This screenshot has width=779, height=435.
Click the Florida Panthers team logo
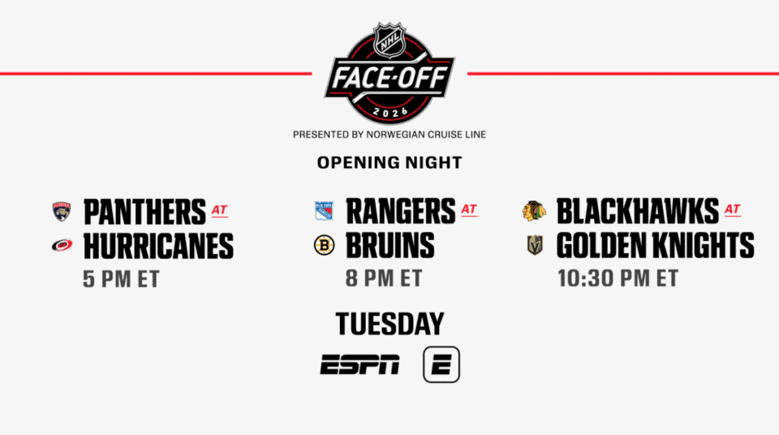coord(62,211)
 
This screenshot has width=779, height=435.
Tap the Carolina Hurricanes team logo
coord(62,245)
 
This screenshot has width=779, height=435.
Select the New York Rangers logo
coord(324,211)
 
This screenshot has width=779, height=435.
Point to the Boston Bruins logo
coord(324,245)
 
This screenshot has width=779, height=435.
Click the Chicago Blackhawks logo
coord(534,211)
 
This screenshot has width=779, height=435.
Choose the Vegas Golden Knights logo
coord(535,245)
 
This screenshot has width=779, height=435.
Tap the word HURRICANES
coord(158,246)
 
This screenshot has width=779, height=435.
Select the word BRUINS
coord(390,246)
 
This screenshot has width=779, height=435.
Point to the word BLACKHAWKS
coord(638,211)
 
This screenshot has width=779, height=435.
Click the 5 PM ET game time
coord(121,279)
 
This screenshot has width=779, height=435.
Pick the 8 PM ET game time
coord(384,278)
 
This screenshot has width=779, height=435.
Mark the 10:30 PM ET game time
coord(618,278)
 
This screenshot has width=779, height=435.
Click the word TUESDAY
coord(390,324)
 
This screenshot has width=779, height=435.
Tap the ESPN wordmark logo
coord(359,364)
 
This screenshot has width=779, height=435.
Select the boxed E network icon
coord(441,364)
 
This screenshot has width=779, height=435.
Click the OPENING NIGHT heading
coord(389,162)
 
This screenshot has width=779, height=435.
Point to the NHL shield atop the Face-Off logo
coord(389,40)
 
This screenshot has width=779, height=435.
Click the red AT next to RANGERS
coord(469,209)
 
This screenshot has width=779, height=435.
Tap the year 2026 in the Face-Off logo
coord(390,112)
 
